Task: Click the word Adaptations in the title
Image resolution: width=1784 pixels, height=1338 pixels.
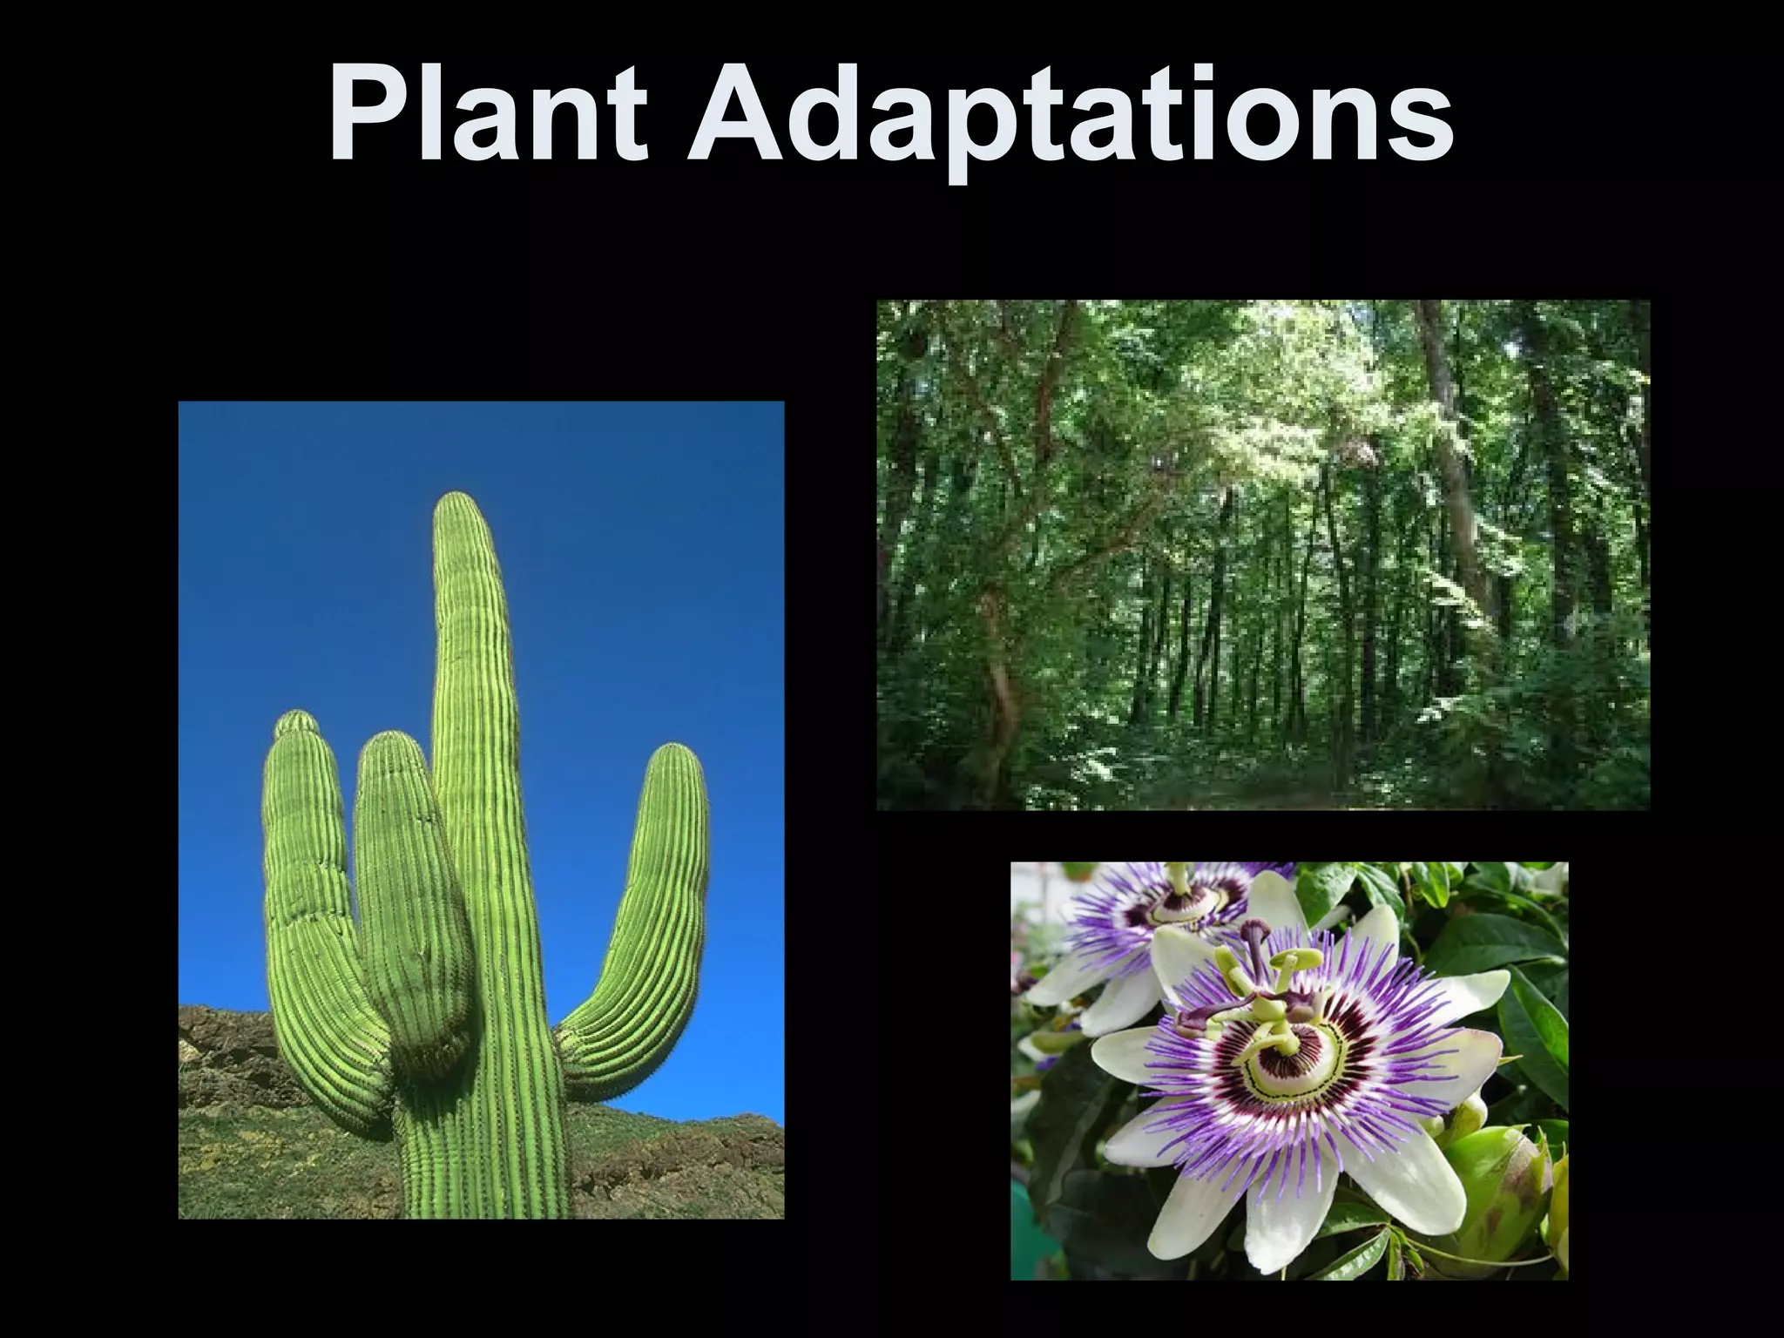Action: pos(1070,118)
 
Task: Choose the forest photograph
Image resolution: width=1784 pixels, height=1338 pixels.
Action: pos(1263,555)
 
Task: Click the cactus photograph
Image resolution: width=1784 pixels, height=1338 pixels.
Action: pos(481,810)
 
